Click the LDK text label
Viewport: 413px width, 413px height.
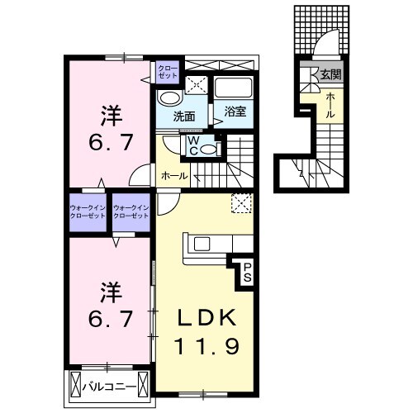point(206,319)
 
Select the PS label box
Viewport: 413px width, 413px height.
point(246,273)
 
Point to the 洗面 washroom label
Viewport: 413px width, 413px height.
point(184,116)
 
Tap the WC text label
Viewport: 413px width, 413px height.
point(192,145)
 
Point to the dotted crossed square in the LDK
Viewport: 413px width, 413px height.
point(241,203)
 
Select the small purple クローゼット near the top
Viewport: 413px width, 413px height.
point(168,71)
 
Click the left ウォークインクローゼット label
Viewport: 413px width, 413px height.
point(88,211)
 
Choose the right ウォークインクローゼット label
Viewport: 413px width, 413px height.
point(131,211)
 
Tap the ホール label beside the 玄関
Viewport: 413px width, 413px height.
point(330,106)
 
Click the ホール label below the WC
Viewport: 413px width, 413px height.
point(173,176)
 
